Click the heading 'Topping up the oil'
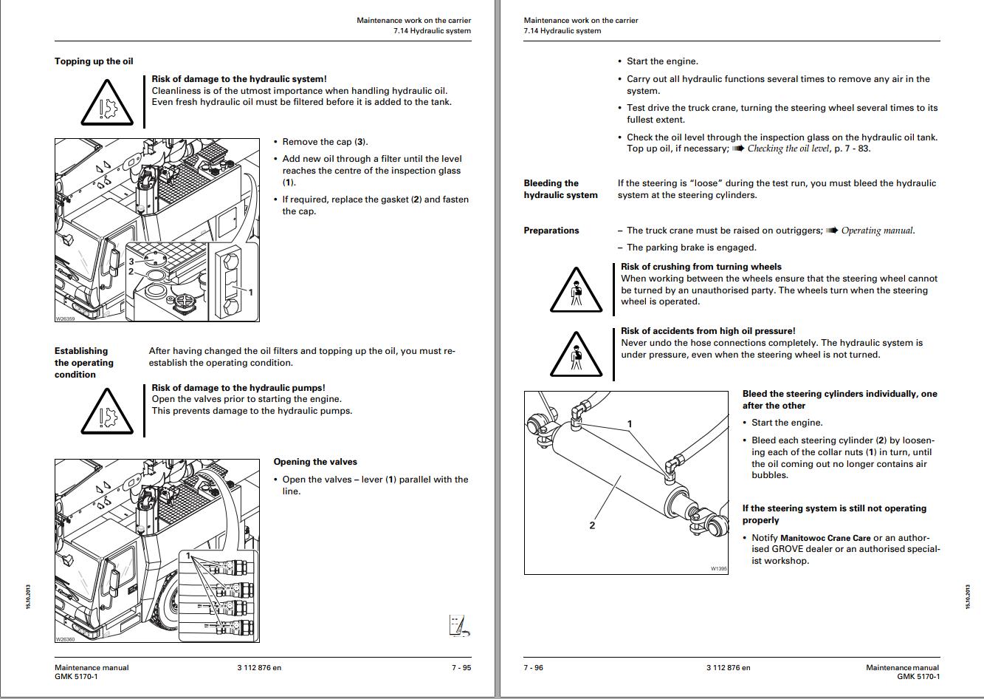pos(94,61)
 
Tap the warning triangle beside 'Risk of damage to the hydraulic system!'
pos(106,103)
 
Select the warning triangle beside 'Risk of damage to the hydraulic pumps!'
pos(106,412)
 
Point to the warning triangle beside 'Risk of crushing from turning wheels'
pos(577,290)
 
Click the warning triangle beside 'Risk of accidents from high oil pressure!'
pos(577,354)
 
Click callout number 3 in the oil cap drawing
pos(131,261)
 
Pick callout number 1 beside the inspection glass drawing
pos(251,293)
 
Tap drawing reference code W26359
pos(65,319)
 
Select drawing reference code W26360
pos(65,639)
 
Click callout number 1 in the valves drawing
pos(188,556)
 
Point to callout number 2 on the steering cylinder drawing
pos(592,525)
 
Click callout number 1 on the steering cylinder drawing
pos(630,424)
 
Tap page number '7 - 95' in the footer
pos(461,668)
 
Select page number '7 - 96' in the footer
pos(534,668)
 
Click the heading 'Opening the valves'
pos(315,462)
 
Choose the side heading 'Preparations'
pos(551,231)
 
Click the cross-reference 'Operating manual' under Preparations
pos(877,231)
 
